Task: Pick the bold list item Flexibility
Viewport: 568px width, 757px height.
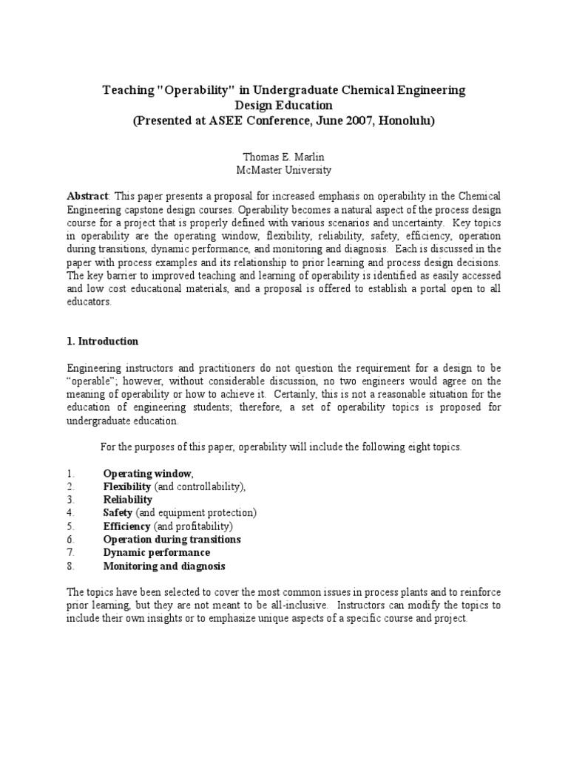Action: tap(127, 486)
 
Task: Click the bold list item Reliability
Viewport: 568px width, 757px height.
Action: tap(128, 500)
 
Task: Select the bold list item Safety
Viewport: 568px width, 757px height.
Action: tap(118, 513)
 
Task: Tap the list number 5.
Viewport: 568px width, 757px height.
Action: tap(70, 526)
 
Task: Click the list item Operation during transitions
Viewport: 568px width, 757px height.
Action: tap(172, 540)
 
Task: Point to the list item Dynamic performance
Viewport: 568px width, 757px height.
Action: tap(156, 553)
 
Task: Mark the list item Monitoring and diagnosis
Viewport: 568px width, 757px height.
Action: tap(163, 566)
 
